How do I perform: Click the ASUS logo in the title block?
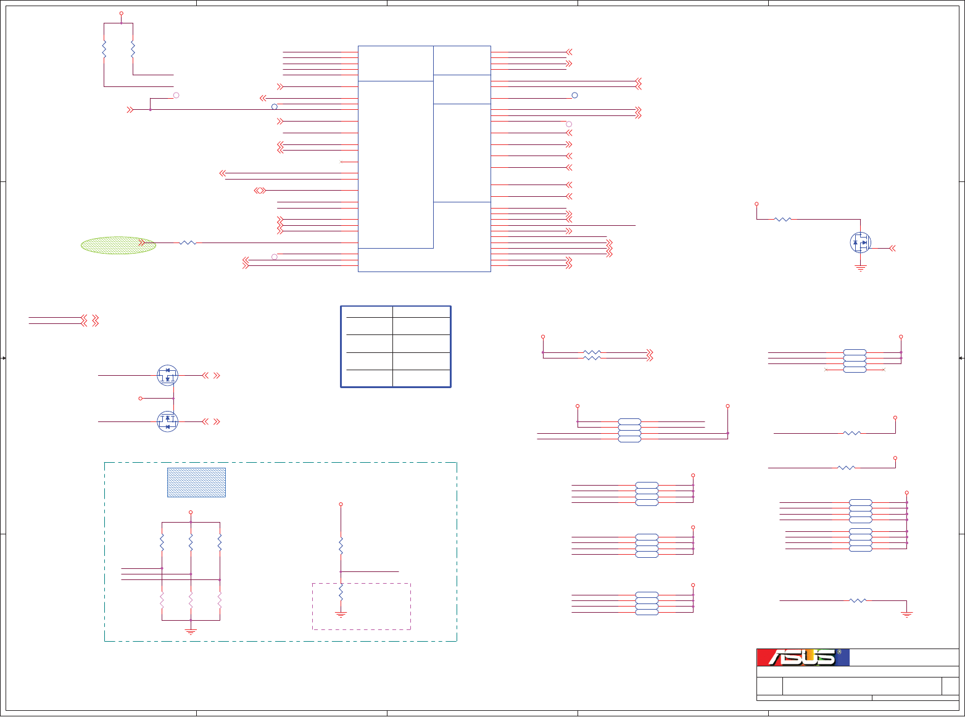803,658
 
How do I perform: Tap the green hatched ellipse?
118,245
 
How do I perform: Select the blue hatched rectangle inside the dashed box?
196,482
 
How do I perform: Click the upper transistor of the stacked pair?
167,375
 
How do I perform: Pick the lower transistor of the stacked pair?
167,421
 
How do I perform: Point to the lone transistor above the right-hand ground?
860,242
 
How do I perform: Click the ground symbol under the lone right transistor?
860,268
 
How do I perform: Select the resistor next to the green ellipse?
188,243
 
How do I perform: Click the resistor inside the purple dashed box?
341,592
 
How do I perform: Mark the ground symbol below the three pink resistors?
191,631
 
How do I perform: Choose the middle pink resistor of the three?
191,600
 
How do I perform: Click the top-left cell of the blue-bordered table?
367,312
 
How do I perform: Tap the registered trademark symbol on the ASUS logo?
839,652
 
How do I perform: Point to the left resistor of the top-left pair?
104,48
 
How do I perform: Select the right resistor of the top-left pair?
133,48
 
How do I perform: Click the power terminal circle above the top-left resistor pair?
121,13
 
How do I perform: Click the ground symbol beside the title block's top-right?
906,614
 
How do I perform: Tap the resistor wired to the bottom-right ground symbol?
858,600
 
